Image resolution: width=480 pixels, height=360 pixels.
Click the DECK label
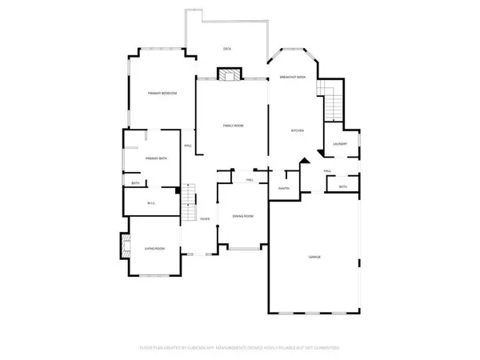227,50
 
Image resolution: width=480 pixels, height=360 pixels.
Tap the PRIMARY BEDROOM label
162,94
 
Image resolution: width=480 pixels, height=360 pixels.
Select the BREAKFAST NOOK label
293,77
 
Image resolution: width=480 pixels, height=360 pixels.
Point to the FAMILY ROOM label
233,126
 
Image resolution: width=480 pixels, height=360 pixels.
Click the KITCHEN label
298,130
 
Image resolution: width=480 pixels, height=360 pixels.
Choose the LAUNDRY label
339,145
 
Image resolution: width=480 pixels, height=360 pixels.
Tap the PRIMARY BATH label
156,159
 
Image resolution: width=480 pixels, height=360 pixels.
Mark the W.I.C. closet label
151,203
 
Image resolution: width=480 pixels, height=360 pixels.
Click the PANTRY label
283,188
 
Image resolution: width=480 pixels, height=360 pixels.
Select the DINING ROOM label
243,216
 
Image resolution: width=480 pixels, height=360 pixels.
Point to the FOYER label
206,218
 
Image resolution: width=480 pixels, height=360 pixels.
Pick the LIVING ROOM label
155,249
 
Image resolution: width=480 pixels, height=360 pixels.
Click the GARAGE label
315,256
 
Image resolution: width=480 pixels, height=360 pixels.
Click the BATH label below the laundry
342,187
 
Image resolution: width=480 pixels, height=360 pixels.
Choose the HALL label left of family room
188,146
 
